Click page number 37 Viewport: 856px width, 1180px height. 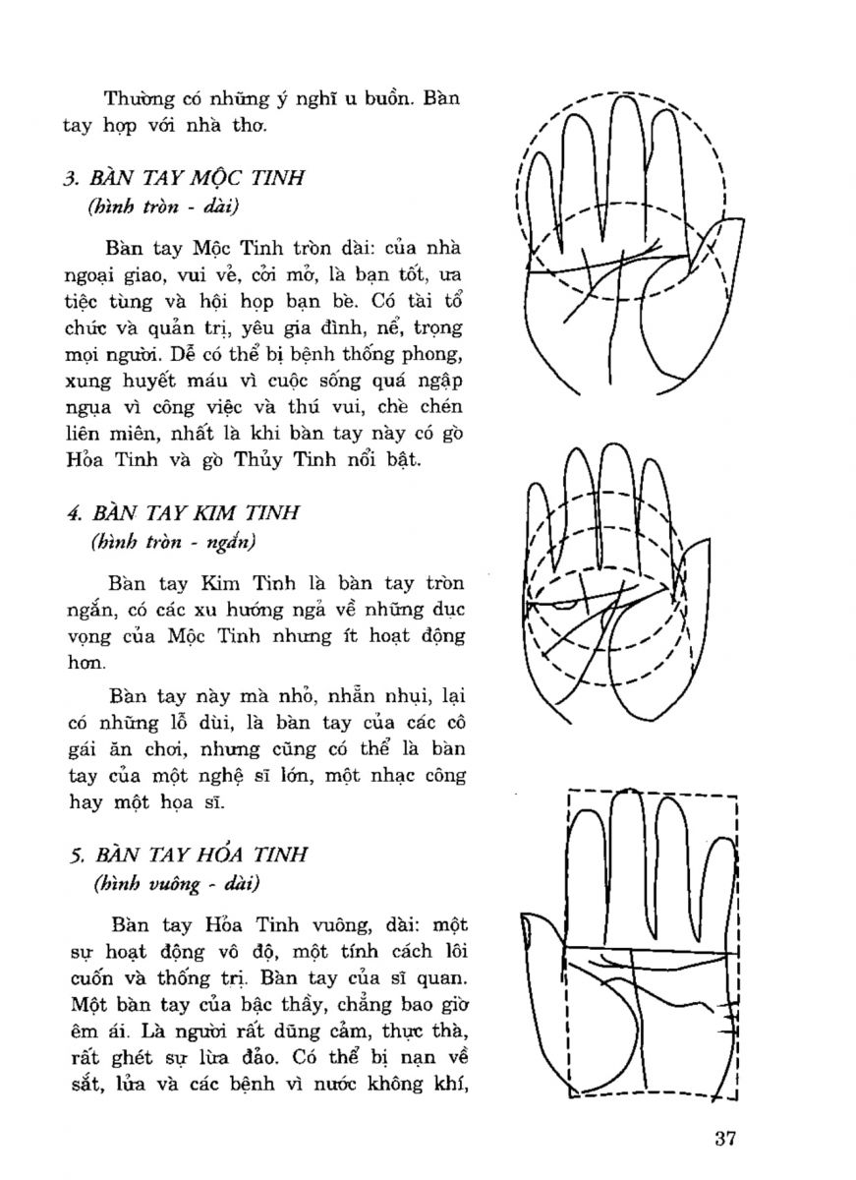(x=726, y=1140)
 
